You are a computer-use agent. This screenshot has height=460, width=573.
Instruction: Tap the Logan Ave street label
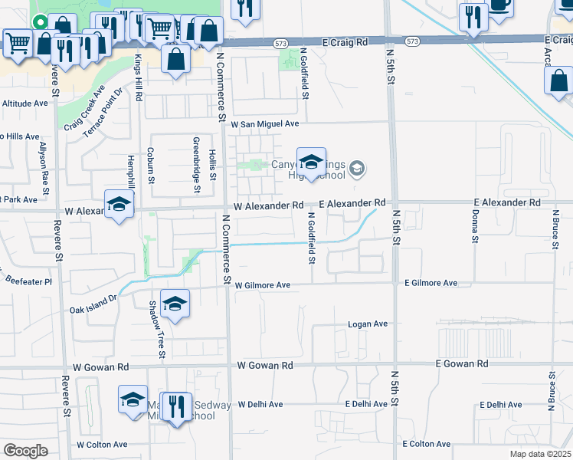click(x=368, y=324)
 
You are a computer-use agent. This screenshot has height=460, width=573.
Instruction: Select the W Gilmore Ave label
click(x=263, y=285)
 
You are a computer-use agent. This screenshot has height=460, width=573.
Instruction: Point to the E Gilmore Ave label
click(x=431, y=284)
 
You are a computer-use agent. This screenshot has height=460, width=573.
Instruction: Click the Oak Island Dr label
click(x=93, y=304)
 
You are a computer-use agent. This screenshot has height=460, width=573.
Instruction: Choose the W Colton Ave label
click(x=102, y=445)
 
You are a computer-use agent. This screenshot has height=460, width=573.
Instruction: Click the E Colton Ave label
click(x=426, y=444)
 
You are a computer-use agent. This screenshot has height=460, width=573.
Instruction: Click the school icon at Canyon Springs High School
click(x=311, y=163)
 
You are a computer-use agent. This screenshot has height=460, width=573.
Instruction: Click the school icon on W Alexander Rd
click(x=119, y=205)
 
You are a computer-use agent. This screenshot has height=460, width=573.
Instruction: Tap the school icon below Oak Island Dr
click(x=175, y=304)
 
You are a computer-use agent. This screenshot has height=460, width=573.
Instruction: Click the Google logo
click(x=25, y=451)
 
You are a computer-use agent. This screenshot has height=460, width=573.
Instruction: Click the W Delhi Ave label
click(x=260, y=404)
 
